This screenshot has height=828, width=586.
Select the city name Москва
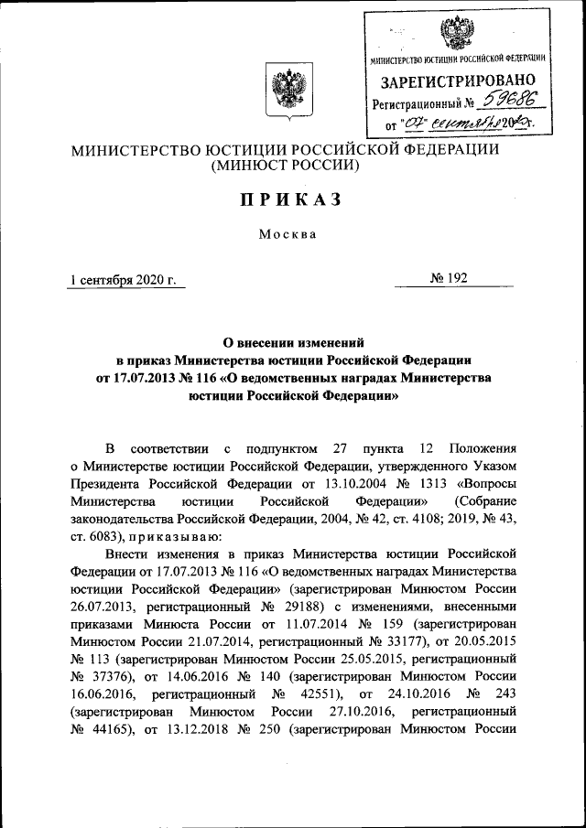pyautogui.click(x=287, y=233)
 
